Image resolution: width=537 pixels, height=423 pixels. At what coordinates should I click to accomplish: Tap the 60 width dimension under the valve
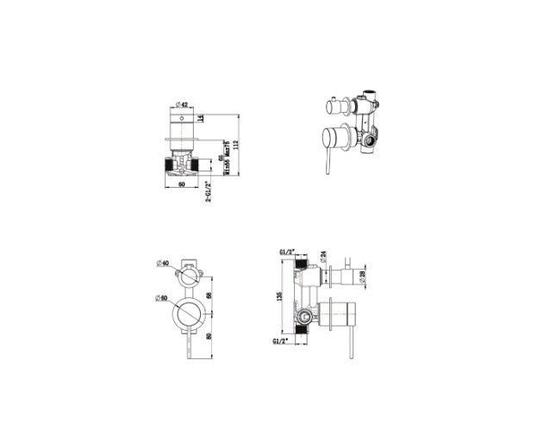tap(182, 184)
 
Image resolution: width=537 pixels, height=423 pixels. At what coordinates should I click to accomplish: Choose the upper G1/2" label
tap(287, 252)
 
